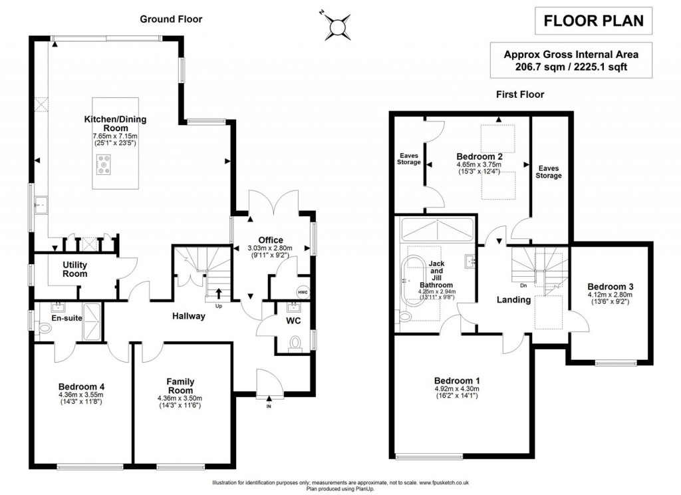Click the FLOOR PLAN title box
tap(594, 21)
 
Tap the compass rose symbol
tap(339, 25)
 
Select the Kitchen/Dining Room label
tap(115, 123)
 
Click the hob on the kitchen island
tap(105, 164)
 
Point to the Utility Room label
tap(75, 269)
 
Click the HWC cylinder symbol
tap(303, 291)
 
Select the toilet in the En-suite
tap(45, 328)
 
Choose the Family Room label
tap(180, 386)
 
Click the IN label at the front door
tap(269, 406)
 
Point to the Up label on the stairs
tap(219, 305)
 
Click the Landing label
tap(514, 299)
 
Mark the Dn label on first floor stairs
tap(523, 286)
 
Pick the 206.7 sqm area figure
tap(536, 67)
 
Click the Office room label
tap(271, 240)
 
